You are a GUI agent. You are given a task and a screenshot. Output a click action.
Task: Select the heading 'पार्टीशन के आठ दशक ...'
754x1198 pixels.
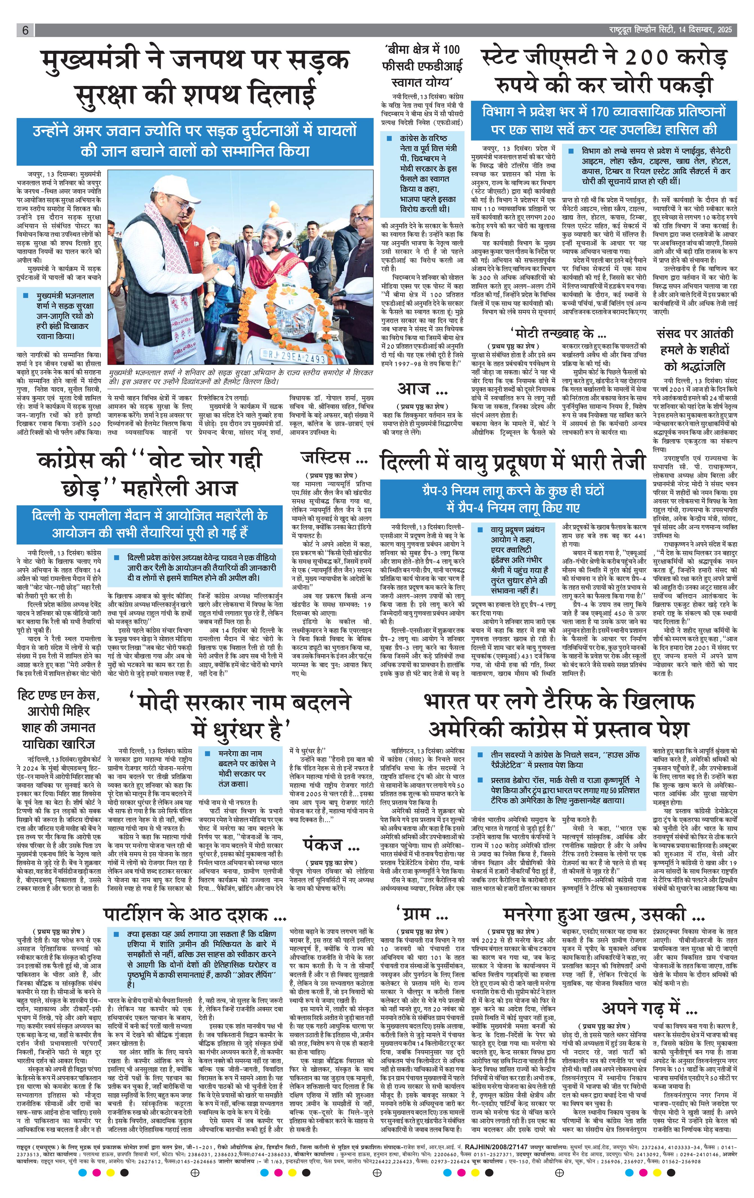195,914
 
